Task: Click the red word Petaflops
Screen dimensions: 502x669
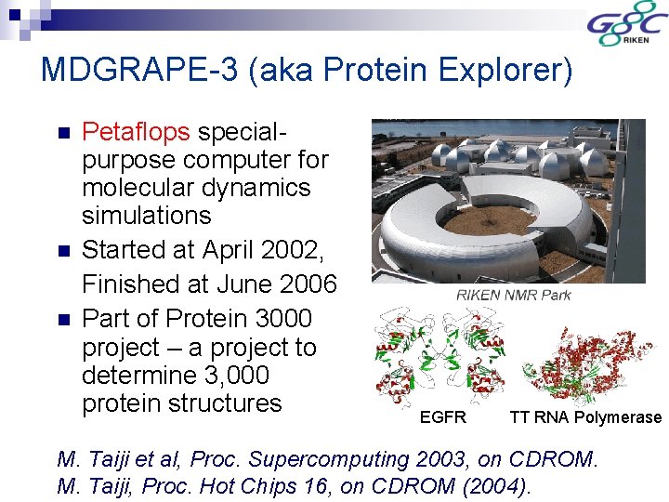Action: tap(137, 131)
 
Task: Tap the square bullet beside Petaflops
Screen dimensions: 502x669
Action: tap(63, 132)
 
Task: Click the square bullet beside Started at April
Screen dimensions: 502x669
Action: tap(63, 251)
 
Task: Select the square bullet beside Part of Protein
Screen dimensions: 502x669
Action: tap(63, 319)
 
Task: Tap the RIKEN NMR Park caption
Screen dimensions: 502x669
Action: tap(513, 295)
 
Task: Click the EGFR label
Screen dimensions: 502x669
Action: tap(442, 417)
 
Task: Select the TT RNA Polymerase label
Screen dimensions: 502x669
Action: tap(585, 417)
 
